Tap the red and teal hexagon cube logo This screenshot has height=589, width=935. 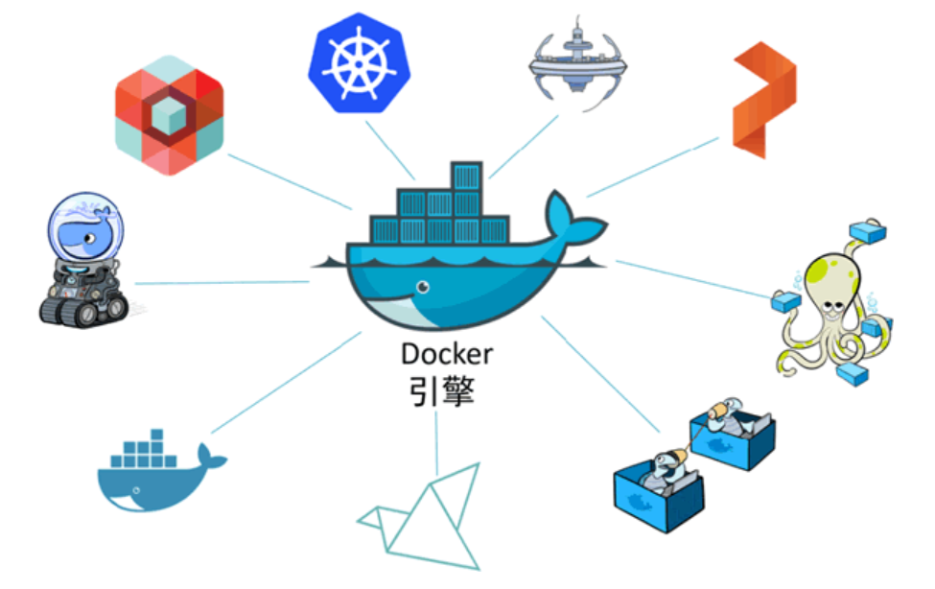(169, 114)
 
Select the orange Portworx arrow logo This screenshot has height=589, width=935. (763, 101)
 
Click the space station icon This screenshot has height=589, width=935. (580, 65)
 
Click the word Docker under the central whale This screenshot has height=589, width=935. (447, 354)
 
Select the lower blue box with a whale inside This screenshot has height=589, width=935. (659, 490)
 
